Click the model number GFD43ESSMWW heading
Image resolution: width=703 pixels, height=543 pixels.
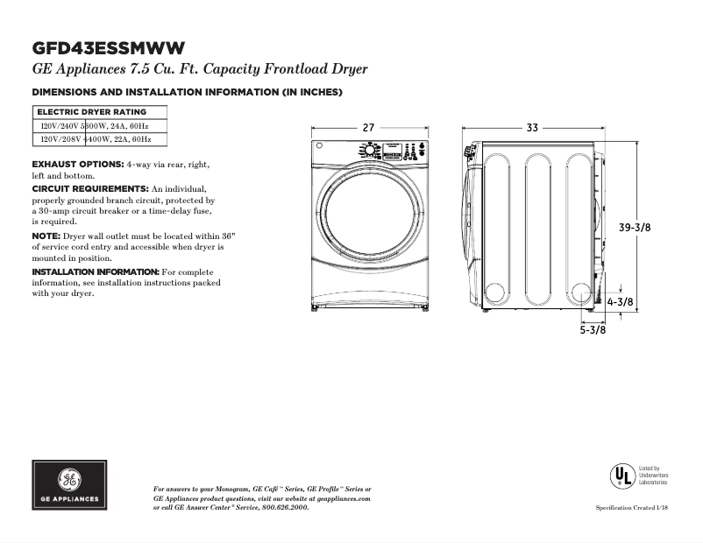point(109,47)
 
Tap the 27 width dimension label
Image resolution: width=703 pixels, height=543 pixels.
point(368,128)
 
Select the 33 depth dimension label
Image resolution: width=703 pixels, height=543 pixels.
point(532,128)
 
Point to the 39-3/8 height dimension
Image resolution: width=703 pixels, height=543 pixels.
point(635,227)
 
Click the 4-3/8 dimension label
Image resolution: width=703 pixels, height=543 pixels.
point(621,302)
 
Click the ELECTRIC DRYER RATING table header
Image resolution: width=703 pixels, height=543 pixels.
point(91,112)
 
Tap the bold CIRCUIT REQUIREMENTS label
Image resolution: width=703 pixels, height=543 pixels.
point(89,189)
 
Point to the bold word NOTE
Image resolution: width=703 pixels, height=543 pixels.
point(46,236)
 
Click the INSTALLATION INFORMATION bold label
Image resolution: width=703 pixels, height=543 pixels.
point(96,272)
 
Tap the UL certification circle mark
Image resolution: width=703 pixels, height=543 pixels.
point(622,476)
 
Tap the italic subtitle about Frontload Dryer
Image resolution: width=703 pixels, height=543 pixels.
point(200,69)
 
